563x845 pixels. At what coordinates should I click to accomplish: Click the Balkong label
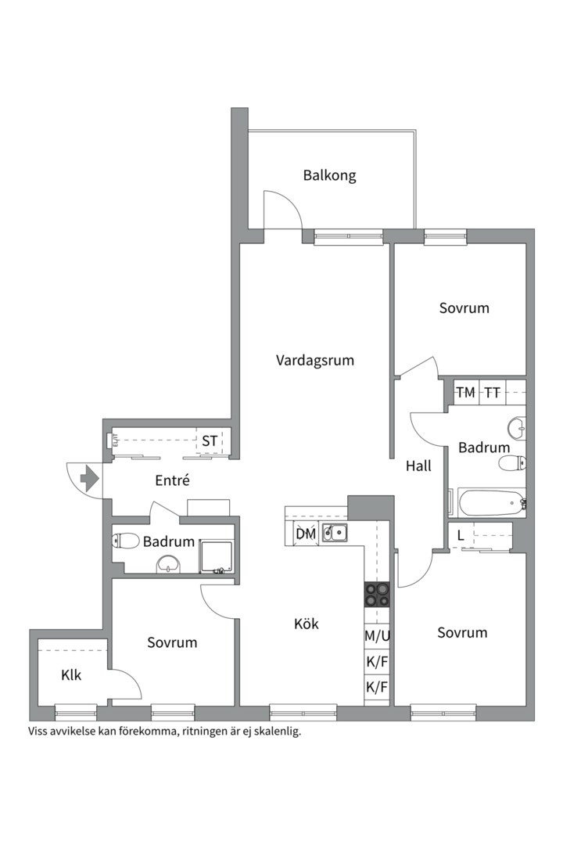[x=329, y=175]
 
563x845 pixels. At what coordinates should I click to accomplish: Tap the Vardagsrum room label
[x=314, y=361]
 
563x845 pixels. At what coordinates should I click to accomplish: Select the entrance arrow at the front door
[x=89, y=476]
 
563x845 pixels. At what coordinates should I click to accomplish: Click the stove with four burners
[x=377, y=595]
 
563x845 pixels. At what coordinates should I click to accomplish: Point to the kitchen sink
[x=336, y=534]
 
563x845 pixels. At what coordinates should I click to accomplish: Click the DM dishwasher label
[x=305, y=534]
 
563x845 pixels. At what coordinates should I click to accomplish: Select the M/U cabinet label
[x=377, y=636]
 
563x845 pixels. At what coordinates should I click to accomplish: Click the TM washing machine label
[x=465, y=393]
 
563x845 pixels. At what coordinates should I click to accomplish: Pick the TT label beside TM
[x=492, y=393]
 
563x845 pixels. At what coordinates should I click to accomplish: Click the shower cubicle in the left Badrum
[x=217, y=555]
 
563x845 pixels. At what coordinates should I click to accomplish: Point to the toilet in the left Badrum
[x=125, y=540]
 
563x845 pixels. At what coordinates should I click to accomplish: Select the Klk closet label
[x=71, y=675]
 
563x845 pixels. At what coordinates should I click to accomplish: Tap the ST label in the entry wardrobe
[x=210, y=441]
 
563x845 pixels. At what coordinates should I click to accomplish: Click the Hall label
[x=418, y=466]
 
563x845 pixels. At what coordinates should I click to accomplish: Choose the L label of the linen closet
[x=461, y=536]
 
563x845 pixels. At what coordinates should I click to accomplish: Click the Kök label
[x=306, y=624]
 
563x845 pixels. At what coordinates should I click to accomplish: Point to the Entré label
[x=172, y=481]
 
